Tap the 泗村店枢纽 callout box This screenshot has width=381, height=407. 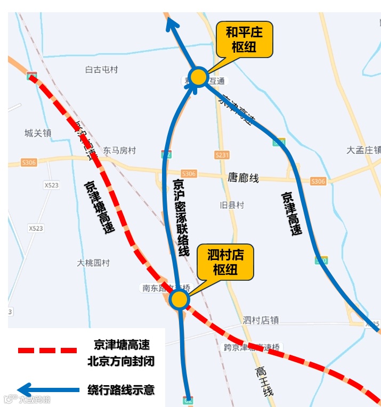click(225, 262)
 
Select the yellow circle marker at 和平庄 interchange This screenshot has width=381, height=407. click(199, 77)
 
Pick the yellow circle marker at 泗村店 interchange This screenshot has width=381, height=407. click(180, 299)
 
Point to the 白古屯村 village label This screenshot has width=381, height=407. click(101, 70)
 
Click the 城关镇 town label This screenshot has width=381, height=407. click(38, 133)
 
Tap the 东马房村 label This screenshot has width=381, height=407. click(119, 151)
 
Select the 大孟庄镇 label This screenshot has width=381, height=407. click(363, 150)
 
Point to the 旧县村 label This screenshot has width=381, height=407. click(232, 205)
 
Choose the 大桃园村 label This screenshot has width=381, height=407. click(93, 263)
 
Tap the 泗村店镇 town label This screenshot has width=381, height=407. click(261, 320)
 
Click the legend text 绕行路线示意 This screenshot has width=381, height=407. click(121, 389)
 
